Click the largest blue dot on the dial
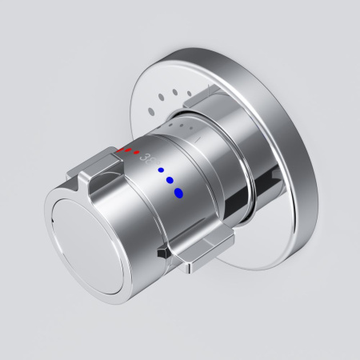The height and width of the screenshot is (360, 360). [x=178, y=191]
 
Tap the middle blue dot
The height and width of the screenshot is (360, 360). [x=169, y=180]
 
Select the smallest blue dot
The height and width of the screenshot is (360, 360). [x=161, y=170]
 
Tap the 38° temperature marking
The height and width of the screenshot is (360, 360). [x=146, y=158]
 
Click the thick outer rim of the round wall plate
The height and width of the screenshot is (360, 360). [x=300, y=144]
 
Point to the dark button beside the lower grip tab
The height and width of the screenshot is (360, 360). [x=164, y=251]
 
